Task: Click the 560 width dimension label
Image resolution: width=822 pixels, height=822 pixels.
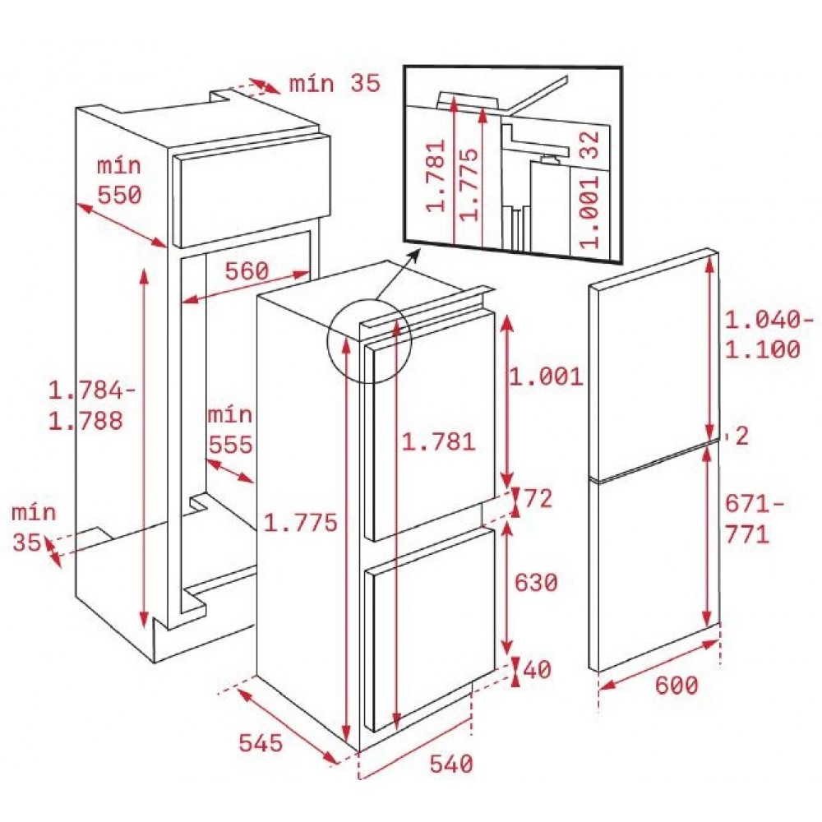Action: pos(246,270)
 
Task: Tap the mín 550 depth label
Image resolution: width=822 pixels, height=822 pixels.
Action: pos(120,180)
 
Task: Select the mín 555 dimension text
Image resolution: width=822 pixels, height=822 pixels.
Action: pos(229,430)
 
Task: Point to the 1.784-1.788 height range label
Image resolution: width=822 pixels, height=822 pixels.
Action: pos(85,404)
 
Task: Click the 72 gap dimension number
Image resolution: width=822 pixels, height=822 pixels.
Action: pos(538,498)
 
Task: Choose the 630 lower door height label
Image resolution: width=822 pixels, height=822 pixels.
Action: pos(535,583)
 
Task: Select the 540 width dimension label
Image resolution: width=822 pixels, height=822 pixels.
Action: pos(451,764)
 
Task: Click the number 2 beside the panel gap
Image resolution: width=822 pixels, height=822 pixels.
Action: pos(741,436)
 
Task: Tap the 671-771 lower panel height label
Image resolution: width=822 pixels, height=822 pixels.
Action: pos(747,519)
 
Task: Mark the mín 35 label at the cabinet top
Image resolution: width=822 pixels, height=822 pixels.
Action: pos(335,83)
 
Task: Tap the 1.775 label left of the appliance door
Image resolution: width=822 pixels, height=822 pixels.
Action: pos(301,522)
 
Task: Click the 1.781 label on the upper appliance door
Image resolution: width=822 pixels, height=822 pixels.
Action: pos(438,441)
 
